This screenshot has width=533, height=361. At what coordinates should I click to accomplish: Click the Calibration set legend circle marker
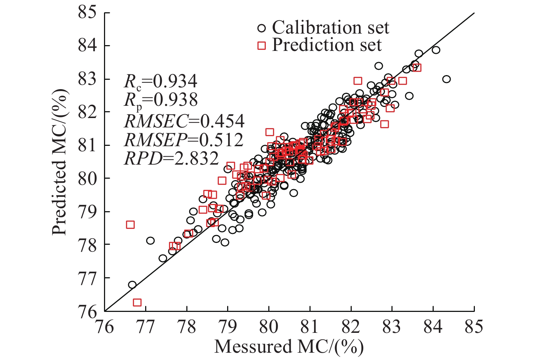(261, 28)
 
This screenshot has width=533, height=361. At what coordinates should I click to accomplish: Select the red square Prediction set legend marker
(261, 45)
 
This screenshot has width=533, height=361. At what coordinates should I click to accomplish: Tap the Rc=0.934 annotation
(161, 82)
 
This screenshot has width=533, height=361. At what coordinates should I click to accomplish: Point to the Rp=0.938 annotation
(161, 100)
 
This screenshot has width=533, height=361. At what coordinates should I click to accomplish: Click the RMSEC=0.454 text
(184, 122)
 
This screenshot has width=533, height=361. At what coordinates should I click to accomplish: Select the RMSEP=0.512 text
(184, 140)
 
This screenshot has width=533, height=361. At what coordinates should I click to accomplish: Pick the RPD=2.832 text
(172, 158)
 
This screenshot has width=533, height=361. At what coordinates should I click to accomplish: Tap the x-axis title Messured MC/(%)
(289, 347)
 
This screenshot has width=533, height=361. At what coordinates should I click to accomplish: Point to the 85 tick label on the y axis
(88, 13)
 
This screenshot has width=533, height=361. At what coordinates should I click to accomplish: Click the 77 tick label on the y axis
(88, 278)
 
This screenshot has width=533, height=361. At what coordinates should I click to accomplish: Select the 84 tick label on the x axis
(433, 327)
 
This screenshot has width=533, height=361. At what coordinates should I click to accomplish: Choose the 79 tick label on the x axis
(227, 327)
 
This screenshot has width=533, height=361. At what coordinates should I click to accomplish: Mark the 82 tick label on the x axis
(351, 327)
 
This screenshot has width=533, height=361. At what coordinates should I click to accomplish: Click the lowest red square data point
(137, 303)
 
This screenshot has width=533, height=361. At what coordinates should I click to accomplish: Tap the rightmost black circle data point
(447, 79)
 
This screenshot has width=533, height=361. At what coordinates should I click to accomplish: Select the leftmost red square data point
(130, 225)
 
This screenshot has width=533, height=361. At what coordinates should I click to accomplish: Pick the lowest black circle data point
(132, 285)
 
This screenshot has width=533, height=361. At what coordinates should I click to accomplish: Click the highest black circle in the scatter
(436, 50)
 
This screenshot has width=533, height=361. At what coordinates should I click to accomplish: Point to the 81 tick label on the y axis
(88, 145)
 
